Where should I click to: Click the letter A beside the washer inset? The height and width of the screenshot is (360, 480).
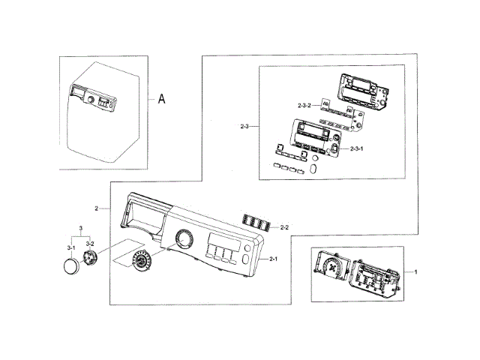coord(161,98)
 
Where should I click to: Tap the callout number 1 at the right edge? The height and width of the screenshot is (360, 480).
coord(417,270)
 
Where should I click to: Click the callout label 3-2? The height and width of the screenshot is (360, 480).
coord(89,244)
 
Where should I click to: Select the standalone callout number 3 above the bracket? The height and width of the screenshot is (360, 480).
coord(80,227)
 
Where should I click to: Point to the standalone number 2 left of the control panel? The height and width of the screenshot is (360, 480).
coord(97,207)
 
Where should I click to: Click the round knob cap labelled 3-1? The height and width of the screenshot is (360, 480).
coord(72,266)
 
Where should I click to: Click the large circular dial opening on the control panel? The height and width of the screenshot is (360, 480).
coord(182,240)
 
